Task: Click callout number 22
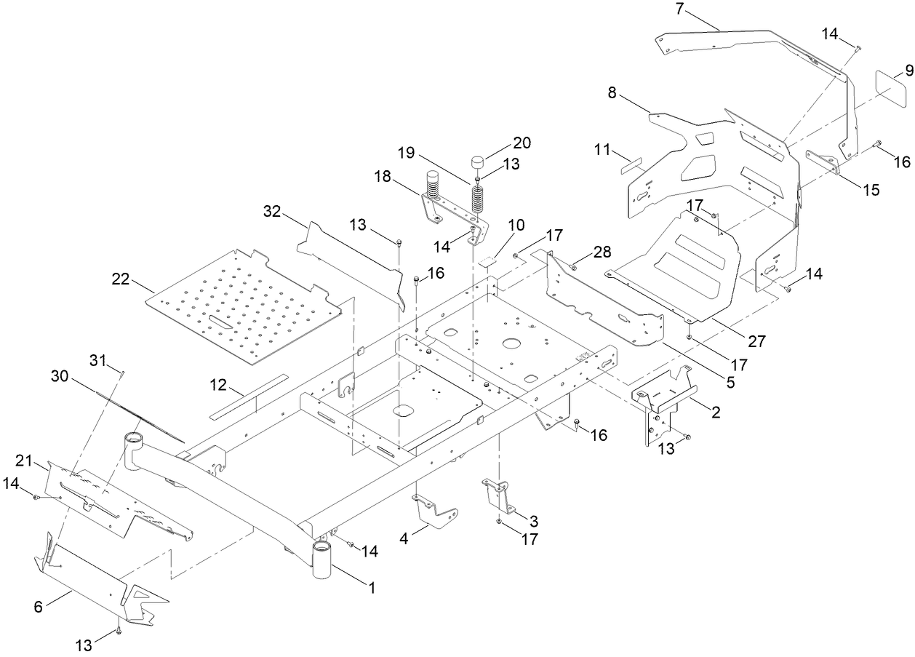point(121,279)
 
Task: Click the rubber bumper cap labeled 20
point(477,162)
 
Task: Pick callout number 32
point(271,212)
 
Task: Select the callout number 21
point(25,460)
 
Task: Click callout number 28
point(602,252)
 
